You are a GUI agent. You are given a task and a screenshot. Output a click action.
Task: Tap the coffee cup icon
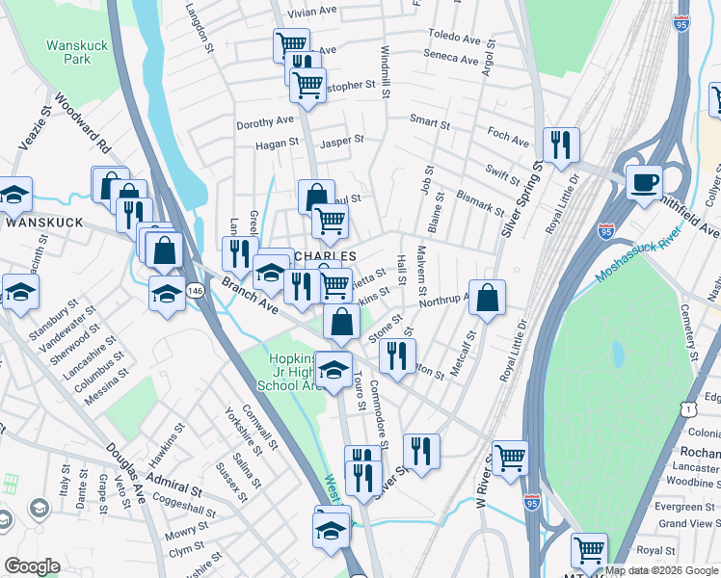(x=644, y=181)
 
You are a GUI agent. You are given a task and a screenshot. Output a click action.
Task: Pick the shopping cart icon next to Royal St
(x=589, y=550)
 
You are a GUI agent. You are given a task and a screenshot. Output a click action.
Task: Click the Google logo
(x=33, y=566)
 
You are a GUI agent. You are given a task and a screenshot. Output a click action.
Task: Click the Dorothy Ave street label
(x=264, y=121)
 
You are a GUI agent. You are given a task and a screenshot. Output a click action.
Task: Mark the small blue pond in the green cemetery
(x=616, y=355)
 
